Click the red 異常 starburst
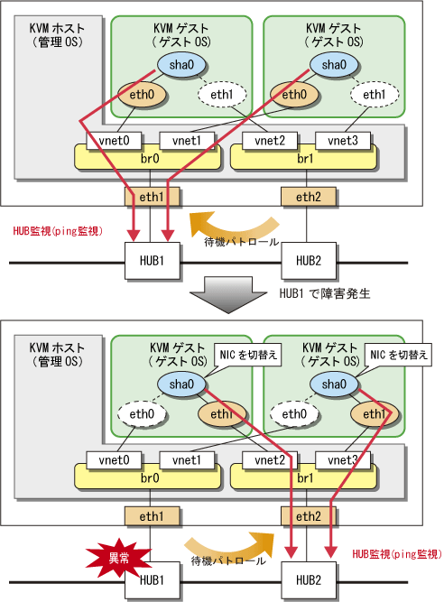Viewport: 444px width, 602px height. coord(118,558)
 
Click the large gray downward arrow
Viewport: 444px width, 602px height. coord(228,294)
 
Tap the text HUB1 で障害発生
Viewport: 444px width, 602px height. coord(325,293)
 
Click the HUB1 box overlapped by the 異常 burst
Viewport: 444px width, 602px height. coord(152,580)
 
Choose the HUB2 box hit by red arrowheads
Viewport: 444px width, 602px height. coord(309,580)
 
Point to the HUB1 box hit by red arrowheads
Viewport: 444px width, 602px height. coord(152,261)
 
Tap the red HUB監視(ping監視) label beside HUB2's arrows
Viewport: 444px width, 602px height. coord(397,553)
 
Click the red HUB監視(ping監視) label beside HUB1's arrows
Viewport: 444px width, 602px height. coord(58,231)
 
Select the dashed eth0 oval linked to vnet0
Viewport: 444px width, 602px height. coord(142,414)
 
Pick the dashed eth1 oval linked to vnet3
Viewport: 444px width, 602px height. coord(375,95)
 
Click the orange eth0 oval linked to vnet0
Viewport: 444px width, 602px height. coord(142,95)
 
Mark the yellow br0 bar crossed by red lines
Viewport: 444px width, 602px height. coord(148,157)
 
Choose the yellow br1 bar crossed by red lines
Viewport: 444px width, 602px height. coord(303,477)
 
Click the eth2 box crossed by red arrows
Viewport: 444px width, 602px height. coord(309,516)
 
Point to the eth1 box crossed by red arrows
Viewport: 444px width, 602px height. coord(152,197)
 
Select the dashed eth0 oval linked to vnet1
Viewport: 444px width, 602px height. coord(294,414)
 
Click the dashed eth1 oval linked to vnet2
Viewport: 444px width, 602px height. coord(222,95)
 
